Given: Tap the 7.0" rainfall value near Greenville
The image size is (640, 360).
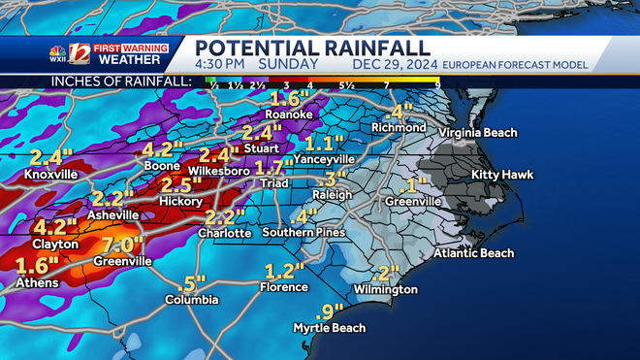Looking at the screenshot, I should coord(122,245).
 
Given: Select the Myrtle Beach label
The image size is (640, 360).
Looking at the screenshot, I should coord(330,328).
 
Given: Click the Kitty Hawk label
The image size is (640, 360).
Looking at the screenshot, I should coord(498,175).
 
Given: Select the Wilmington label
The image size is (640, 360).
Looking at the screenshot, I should coord(386,289).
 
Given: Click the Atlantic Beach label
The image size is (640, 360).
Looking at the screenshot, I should coord(473,253).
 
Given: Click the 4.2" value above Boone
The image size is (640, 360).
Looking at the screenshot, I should coord(163,149).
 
